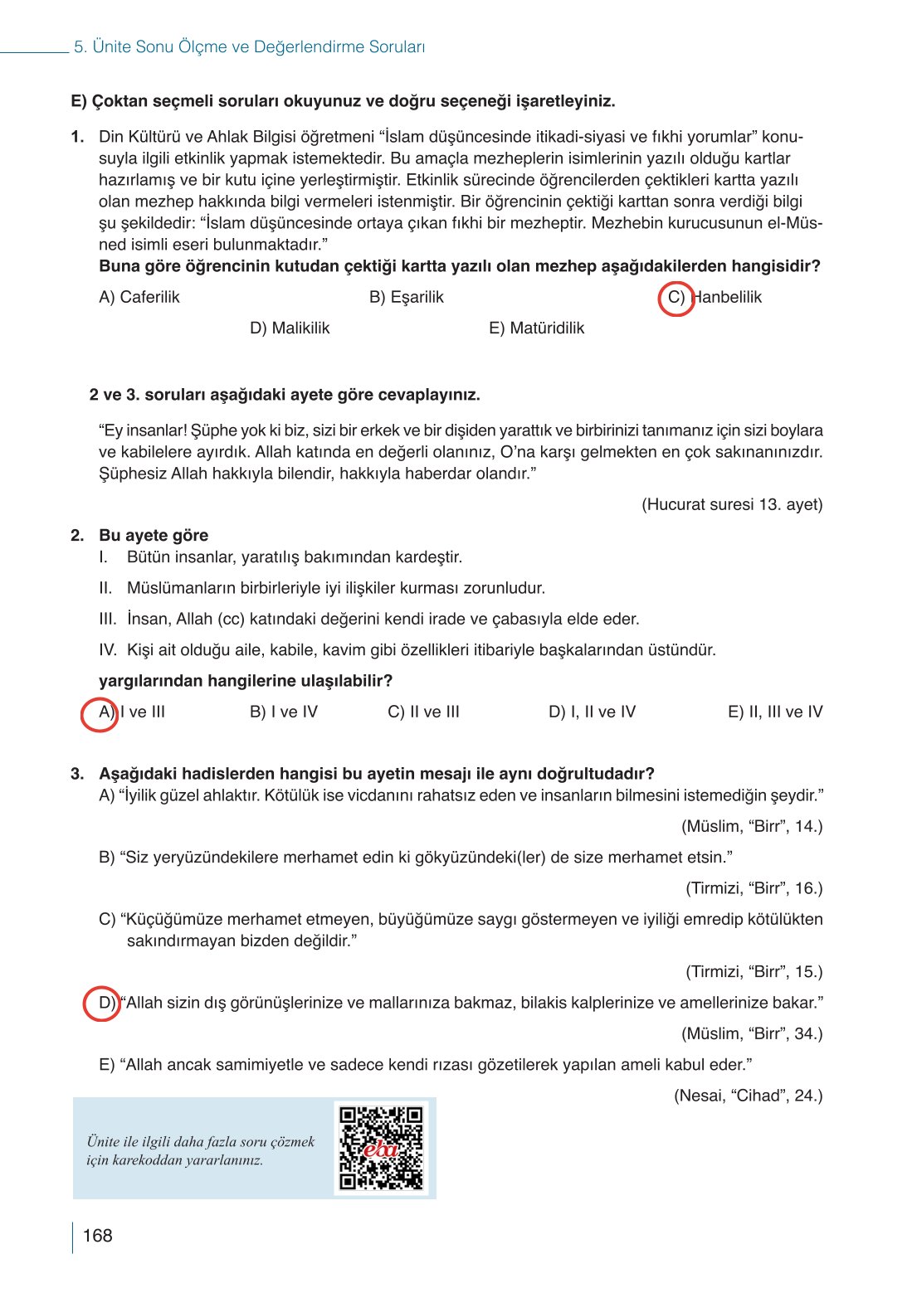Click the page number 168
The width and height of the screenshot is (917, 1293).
[97, 1236]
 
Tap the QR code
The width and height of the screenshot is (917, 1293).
[382, 1148]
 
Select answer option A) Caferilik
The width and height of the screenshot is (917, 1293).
[139, 297]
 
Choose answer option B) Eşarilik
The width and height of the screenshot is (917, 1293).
[407, 297]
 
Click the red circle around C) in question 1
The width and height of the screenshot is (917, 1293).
[676, 298]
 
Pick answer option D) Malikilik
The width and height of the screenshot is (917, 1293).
[290, 328]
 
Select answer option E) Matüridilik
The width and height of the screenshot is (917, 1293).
[536, 328]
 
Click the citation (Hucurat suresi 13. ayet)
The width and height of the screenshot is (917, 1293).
[732, 504]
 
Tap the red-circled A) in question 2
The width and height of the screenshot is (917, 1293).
[100, 713]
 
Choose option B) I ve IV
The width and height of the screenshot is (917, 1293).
[284, 712]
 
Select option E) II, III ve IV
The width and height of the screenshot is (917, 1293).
[775, 712]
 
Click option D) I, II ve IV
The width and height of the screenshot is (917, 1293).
[592, 712]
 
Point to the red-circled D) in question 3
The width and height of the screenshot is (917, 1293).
[103, 1004]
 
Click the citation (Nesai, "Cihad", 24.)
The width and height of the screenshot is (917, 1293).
[748, 1096]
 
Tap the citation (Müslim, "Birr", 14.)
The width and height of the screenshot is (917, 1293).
[752, 826]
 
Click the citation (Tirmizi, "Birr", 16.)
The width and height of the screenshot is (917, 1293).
[754, 888]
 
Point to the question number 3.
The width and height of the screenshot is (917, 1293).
[77, 774]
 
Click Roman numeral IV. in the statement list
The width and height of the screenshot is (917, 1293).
[108, 650]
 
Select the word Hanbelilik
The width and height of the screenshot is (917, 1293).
[727, 297]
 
